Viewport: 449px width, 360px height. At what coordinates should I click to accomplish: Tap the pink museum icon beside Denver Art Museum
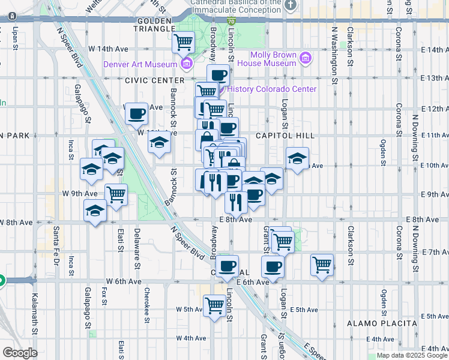coord(186,64)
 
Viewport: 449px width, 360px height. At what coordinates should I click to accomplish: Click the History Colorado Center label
coord(271,89)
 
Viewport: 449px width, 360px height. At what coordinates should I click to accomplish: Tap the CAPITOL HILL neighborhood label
coord(285,136)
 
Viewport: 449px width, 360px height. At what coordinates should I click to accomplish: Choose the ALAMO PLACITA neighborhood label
coord(382,323)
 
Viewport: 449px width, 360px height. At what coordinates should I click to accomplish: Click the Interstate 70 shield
coord(232,20)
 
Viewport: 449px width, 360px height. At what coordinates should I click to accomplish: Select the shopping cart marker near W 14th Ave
coord(183,43)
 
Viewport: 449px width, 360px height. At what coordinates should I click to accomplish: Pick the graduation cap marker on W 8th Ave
coord(95,211)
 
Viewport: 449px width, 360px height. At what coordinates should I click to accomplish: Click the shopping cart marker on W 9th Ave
coord(116,194)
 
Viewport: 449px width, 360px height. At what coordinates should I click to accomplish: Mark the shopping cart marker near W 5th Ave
coord(214,305)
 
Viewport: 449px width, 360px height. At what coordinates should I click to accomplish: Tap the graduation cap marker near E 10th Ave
coord(297,159)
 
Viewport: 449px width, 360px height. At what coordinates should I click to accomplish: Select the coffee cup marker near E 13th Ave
coord(218,76)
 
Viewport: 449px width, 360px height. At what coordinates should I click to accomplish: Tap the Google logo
coord(20,353)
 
